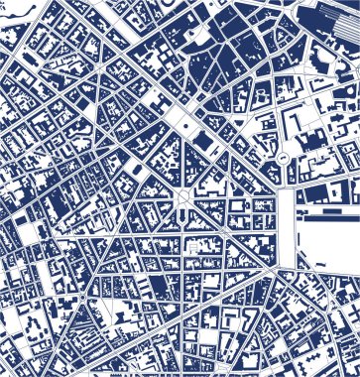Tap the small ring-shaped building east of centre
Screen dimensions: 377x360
[x=284, y=157]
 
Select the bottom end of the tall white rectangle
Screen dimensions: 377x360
[x=287, y=262]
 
